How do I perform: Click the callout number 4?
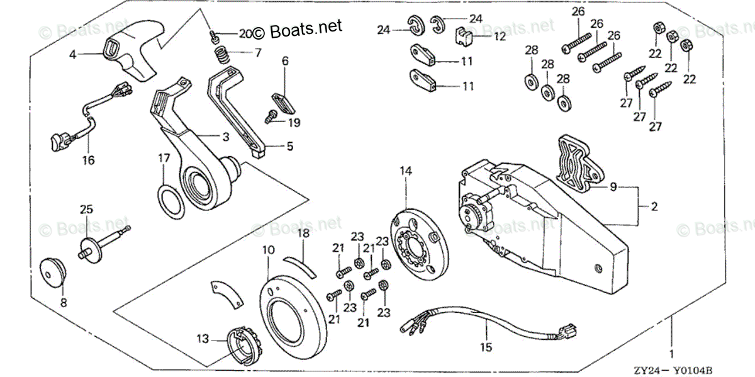coord(72,55)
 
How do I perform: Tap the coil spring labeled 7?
coord(221,55)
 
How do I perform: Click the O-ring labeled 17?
coord(171,203)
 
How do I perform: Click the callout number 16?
coord(88,160)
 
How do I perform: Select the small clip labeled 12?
coord(463,39)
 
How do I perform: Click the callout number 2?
coord(654,206)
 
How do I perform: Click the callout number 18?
coord(303,234)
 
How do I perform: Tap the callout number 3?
coord(225,137)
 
